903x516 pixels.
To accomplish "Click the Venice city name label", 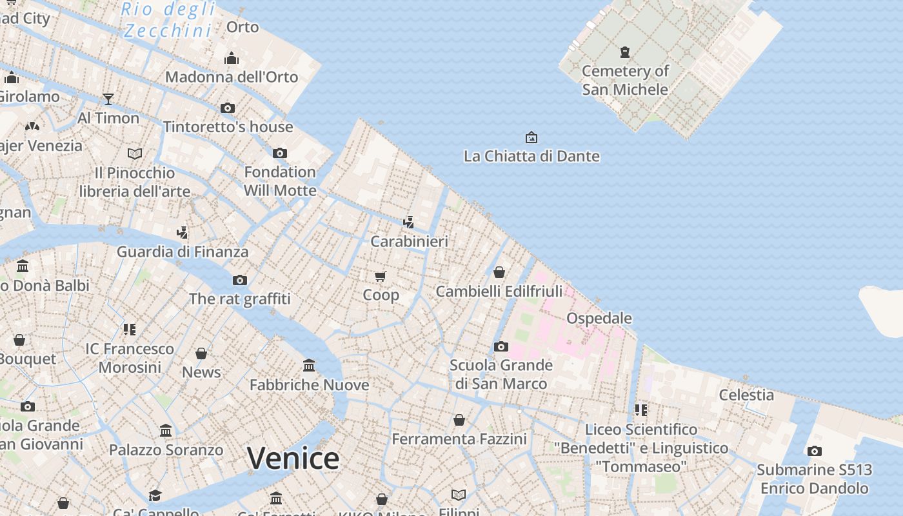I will click(293, 459).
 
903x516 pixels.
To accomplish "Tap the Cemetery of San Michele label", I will click(625, 80).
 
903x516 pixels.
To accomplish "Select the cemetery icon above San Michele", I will click(624, 52).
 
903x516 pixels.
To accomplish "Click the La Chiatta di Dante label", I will click(531, 156).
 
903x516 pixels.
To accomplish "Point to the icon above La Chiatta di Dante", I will click(531, 137).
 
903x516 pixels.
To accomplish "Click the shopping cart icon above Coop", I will click(381, 276).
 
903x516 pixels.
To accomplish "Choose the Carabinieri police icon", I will click(408, 223).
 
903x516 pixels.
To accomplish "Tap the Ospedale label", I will click(599, 318).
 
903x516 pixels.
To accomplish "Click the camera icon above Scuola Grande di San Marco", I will click(501, 346).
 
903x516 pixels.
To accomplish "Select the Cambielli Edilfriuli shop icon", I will click(499, 272).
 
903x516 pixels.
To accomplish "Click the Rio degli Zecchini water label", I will click(168, 19).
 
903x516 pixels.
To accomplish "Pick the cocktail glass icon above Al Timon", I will click(108, 99).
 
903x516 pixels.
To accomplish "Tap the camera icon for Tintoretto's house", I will click(228, 108).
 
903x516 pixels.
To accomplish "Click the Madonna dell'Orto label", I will click(232, 77).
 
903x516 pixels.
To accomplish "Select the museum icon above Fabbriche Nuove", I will click(309, 366).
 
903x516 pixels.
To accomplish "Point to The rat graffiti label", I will click(240, 299).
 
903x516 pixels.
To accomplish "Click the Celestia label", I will click(746, 395).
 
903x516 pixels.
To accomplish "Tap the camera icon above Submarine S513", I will click(815, 451).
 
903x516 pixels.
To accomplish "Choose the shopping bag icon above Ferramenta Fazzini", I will click(459, 420).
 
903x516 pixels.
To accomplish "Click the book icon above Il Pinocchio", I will click(135, 154).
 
